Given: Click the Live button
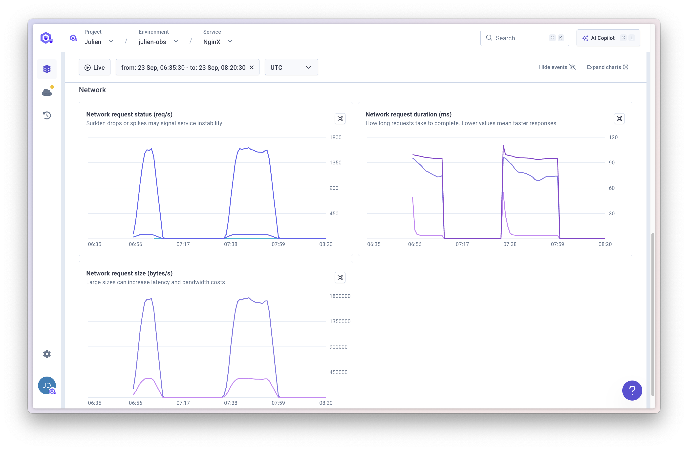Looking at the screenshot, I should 95,67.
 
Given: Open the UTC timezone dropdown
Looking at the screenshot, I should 291,67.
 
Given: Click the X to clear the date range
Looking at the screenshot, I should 252,67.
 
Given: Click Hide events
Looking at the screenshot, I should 557,67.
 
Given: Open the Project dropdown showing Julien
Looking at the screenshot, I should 99,42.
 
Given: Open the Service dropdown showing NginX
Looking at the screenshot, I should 217,42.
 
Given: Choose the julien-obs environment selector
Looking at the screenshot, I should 158,42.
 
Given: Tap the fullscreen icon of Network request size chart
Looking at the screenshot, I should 340,278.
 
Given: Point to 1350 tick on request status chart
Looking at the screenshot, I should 335,162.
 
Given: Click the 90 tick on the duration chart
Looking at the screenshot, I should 611,162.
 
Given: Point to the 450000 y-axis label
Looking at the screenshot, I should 338,372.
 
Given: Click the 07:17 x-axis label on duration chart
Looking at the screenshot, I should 462,244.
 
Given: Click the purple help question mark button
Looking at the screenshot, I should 632,390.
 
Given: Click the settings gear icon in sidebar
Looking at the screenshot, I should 47,354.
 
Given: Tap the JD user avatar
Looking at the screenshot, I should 47,385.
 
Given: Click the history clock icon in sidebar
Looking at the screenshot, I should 47,115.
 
